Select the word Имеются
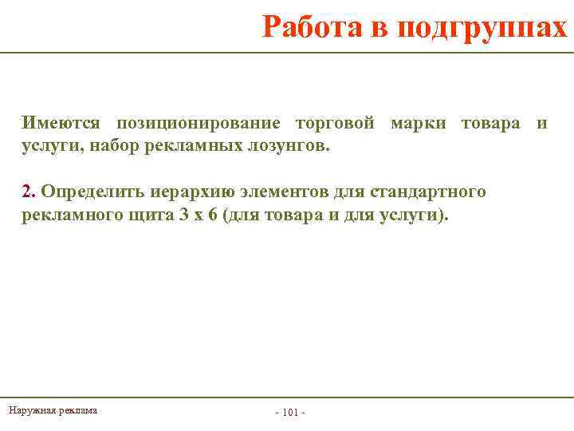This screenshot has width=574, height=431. point(61,124)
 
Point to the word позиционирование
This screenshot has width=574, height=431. point(199,124)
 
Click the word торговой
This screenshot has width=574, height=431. point(335,124)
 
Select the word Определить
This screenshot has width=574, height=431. point(90,192)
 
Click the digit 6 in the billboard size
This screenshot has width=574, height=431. point(213,215)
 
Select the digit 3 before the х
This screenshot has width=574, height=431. point(184,215)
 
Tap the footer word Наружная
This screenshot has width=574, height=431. point(29,410)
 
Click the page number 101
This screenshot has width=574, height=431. point(290,413)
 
